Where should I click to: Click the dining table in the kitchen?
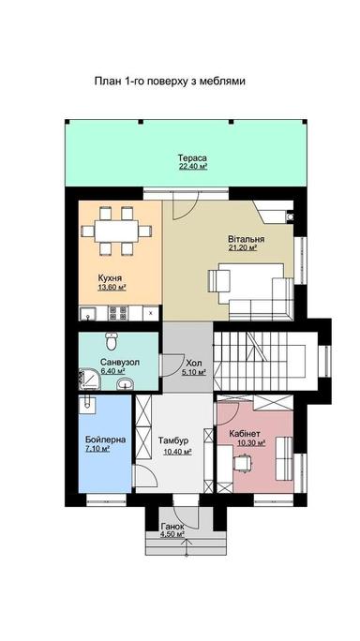(x=116, y=232)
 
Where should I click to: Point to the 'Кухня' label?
(x=112, y=277)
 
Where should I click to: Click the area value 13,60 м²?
(x=112, y=287)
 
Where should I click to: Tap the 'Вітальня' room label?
(x=245, y=240)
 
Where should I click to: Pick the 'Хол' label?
(x=193, y=363)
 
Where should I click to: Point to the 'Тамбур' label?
(x=176, y=441)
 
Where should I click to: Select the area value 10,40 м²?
(x=177, y=451)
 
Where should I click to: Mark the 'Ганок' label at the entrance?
(x=172, y=527)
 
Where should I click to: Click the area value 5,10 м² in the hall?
(x=194, y=372)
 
